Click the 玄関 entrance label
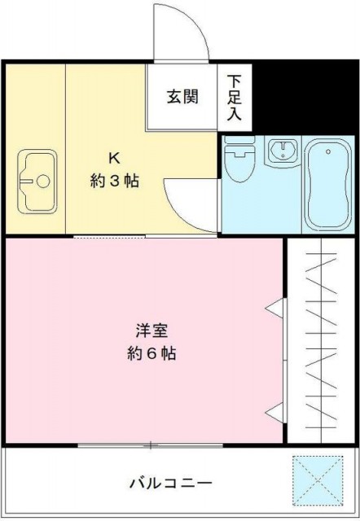182,97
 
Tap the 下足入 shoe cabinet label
235,98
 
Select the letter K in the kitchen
115,158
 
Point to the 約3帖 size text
114,181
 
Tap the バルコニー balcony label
170,483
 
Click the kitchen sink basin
37,182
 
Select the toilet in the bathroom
239,160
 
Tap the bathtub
328,185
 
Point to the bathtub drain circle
328,151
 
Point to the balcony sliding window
151,445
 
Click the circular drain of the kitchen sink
43,182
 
